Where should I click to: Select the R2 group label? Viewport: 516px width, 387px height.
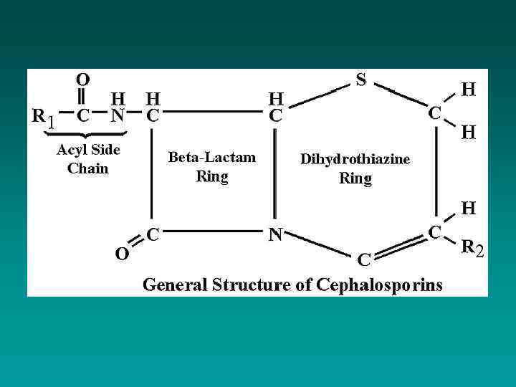pyautogui.click(x=473, y=249)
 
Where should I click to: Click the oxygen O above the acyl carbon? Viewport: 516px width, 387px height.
pyautogui.click(x=83, y=79)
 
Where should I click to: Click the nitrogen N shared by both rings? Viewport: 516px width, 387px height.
pyautogui.click(x=274, y=234)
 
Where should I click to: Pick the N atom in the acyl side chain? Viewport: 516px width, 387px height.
pyautogui.click(x=118, y=114)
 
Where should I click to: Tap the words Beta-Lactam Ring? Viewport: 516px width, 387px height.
pyautogui.click(x=211, y=166)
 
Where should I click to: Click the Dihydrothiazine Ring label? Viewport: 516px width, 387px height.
pyautogui.click(x=355, y=168)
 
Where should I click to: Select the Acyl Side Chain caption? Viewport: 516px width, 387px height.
pyautogui.click(x=88, y=159)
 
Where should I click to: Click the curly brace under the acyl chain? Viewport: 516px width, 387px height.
pyautogui.click(x=85, y=134)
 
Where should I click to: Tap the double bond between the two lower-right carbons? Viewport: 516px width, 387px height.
pyautogui.click(x=398, y=244)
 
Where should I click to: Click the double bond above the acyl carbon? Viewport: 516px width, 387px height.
pyautogui.click(x=83, y=96)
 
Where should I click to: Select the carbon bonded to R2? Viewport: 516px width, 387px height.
pyautogui.click(x=434, y=231)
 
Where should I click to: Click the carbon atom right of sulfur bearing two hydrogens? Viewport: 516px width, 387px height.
pyautogui.click(x=434, y=113)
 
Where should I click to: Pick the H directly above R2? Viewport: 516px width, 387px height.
pyautogui.click(x=468, y=209)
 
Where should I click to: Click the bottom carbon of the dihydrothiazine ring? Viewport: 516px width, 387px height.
pyautogui.click(x=364, y=258)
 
